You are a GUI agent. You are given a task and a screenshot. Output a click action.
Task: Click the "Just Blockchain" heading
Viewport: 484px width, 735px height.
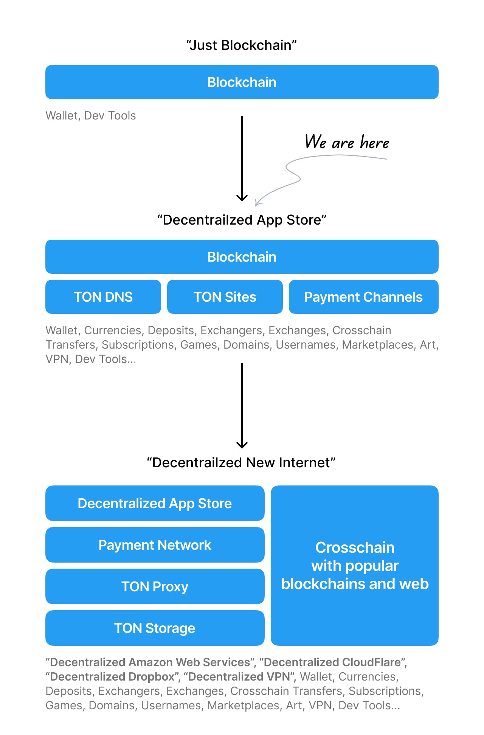pos(242,45)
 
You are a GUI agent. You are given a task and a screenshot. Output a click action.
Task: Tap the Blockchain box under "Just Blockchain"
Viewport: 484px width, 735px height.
pos(242,82)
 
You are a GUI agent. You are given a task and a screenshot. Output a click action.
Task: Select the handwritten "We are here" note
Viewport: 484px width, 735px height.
pos(347,142)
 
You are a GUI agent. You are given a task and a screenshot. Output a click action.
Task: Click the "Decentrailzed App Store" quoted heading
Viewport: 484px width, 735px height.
pos(242,220)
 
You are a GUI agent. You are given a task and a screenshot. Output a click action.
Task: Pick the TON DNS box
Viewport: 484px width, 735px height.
pos(103,297)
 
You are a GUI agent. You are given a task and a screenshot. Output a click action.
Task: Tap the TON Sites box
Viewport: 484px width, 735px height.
pos(225,297)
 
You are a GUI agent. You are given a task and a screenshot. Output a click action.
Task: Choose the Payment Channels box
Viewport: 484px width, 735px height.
pos(364,297)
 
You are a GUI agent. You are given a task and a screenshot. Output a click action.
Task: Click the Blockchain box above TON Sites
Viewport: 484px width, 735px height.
pos(242,257)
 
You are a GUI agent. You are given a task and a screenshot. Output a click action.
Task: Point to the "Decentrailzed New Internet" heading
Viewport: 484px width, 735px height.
pos(241,463)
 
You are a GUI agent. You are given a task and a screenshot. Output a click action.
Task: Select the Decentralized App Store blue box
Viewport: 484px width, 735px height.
pos(155,503)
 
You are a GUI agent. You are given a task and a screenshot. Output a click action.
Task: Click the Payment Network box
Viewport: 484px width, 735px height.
pos(155,545)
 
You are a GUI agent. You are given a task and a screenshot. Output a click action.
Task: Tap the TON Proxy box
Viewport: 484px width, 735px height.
pos(155,586)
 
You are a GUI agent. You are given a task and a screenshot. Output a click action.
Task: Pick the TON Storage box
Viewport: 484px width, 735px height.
pos(155,628)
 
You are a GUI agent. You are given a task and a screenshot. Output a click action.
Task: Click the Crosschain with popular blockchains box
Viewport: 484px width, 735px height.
pos(355,566)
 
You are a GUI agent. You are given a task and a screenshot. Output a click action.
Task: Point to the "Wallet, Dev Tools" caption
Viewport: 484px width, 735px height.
pos(91,116)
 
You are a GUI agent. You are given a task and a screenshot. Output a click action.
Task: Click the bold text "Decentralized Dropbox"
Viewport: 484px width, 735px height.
pos(112,677)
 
